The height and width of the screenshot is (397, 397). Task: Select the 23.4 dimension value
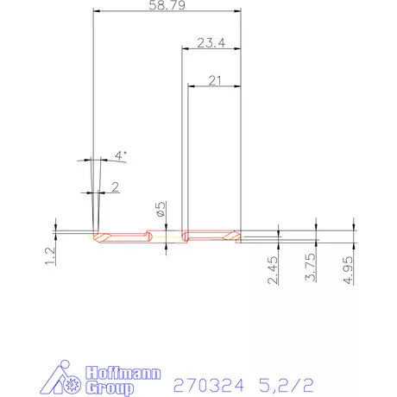[x=211, y=42]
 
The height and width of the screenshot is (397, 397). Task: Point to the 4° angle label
[x=121, y=155]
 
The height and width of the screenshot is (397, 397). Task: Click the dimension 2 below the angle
[x=115, y=186]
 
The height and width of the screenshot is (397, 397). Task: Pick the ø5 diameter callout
[x=160, y=209]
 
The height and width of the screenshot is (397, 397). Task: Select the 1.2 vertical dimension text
[x=50, y=254]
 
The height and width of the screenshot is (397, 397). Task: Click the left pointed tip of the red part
[x=94, y=235]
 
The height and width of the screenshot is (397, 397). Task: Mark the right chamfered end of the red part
[x=236, y=235]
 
